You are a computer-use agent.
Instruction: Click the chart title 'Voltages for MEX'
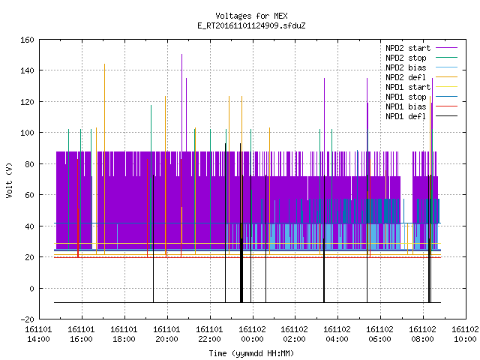coord(251,16)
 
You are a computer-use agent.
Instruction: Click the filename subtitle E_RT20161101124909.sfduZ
coord(251,25)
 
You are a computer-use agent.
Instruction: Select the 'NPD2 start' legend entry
coord(421,48)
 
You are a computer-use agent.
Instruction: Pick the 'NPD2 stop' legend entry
coord(421,58)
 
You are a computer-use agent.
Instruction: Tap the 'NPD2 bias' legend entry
coord(421,67)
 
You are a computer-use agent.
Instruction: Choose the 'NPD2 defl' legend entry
coord(421,77)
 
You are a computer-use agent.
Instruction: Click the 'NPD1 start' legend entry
coord(421,87)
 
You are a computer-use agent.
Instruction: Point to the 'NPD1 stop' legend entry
coord(421,97)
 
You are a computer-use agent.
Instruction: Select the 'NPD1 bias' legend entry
coord(421,106)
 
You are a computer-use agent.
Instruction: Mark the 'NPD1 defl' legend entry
coord(421,117)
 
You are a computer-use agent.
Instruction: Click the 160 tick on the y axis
coord(27,40)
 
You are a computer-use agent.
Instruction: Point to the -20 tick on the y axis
coord(27,319)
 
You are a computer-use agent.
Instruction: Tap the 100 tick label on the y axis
coord(27,133)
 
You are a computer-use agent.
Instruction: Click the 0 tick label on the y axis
coord(31,288)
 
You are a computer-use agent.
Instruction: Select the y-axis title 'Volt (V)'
coord(9,181)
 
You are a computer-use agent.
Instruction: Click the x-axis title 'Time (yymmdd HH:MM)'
coord(251,353)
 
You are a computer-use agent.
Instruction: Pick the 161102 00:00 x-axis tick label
coord(252,334)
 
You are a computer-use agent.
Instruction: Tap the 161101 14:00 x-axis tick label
coord(38,334)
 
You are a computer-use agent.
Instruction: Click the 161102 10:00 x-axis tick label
coord(465,334)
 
